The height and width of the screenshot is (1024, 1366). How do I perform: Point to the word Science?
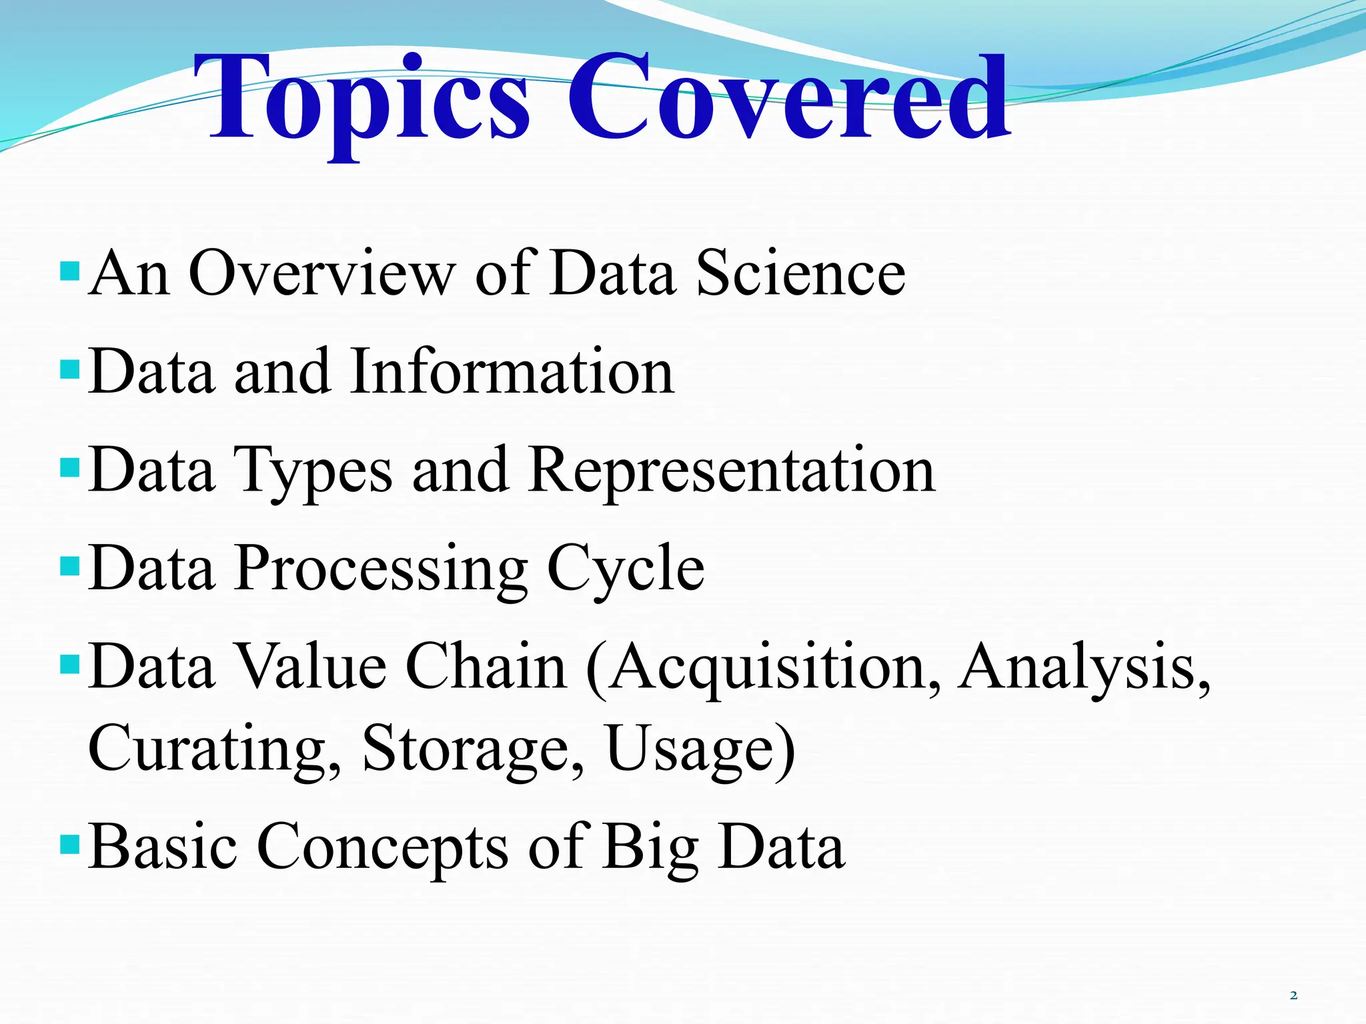tap(800, 273)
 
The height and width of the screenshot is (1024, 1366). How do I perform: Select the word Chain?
tap(486, 667)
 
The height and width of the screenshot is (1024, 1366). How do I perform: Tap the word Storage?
tap(474, 749)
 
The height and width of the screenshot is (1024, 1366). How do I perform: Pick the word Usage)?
tap(701, 749)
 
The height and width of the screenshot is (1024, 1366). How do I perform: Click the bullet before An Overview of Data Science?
tap(69, 271)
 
